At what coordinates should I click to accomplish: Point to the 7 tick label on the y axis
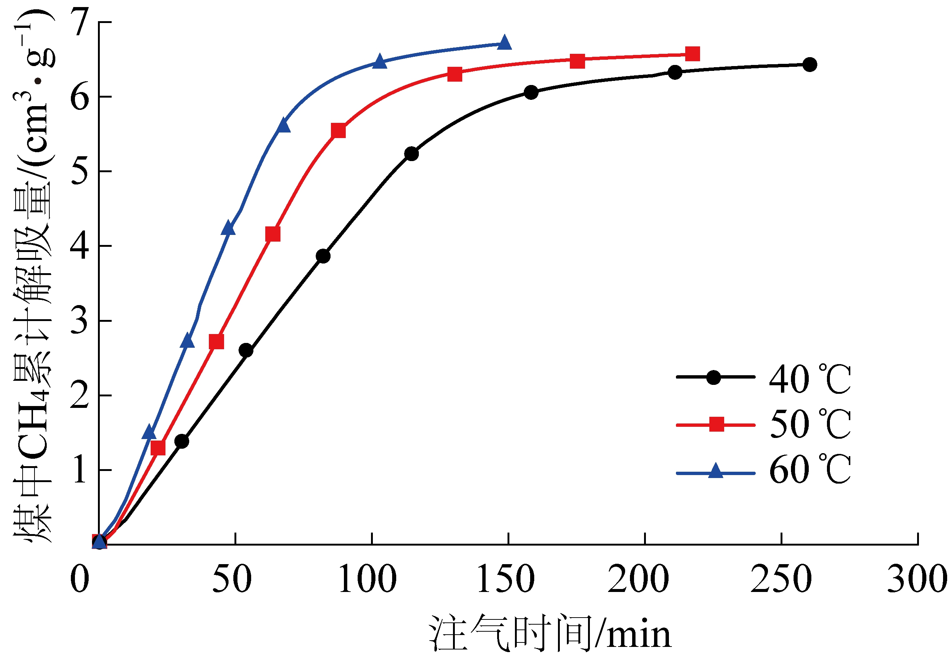pyautogui.click(x=79, y=22)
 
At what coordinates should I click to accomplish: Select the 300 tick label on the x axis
pyautogui.click(x=917, y=579)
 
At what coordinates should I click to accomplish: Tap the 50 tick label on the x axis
pyautogui.click(x=232, y=579)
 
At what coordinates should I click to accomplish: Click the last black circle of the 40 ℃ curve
pyautogui.click(x=809, y=65)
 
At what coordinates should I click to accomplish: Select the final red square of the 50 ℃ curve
pyautogui.click(x=692, y=54)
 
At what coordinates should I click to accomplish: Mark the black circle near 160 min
pyautogui.click(x=531, y=92)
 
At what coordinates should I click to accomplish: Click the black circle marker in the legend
pyautogui.click(x=713, y=377)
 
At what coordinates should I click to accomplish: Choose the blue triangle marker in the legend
pyautogui.click(x=716, y=472)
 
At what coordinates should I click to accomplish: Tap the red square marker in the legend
pyautogui.click(x=717, y=424)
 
